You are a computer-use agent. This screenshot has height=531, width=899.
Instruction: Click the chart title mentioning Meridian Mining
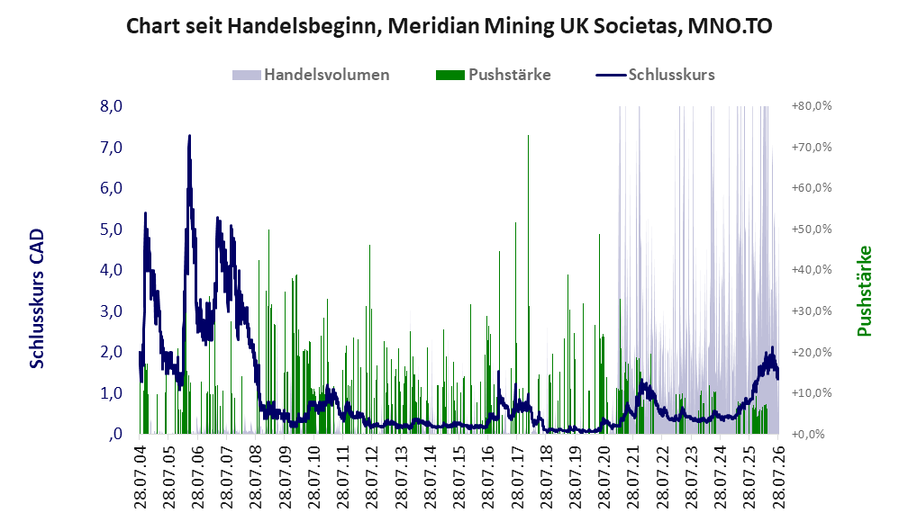(449, 26)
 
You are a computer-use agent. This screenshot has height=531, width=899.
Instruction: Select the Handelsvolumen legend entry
(311, 75)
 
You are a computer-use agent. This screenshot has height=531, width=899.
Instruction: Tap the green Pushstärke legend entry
(493, 75)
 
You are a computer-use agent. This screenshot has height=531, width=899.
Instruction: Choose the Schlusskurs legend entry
(655, 75)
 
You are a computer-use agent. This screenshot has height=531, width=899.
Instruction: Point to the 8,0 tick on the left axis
(111, 106)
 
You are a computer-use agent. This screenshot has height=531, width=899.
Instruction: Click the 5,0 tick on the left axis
(111, 229)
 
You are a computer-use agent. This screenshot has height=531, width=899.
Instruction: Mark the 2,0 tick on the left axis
(111, 352)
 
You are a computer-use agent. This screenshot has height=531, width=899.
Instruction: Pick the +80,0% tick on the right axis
(812, 106)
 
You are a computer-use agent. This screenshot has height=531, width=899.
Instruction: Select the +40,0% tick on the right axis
(812, 270)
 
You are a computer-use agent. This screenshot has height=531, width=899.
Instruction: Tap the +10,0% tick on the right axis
(812, 393)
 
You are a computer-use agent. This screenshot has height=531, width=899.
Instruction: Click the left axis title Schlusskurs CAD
(37, 299)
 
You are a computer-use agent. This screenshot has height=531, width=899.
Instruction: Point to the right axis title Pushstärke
(864, 291)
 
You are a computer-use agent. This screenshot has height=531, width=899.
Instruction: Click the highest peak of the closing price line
(189, 136)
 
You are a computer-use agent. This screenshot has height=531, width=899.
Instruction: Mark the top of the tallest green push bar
(528, 136)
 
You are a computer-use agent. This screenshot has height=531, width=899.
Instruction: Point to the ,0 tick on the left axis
(114, 434)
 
